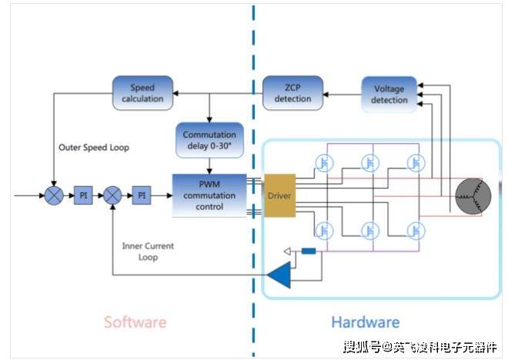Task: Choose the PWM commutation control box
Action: coord(209,195)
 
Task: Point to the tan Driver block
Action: coord(279,195)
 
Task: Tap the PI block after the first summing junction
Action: coord(84,195)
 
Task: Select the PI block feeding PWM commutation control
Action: coord(141,195)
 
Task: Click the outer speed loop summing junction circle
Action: coord(54,195)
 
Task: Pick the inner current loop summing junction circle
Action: coord(112,195)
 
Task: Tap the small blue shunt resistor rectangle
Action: coord(309,251)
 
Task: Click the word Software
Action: coord(135,322)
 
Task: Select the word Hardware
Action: coord(365,322)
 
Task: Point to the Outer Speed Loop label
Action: coord(94,148)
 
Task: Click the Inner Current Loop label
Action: coord(148,252)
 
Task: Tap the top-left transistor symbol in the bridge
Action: coord(325,162)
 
